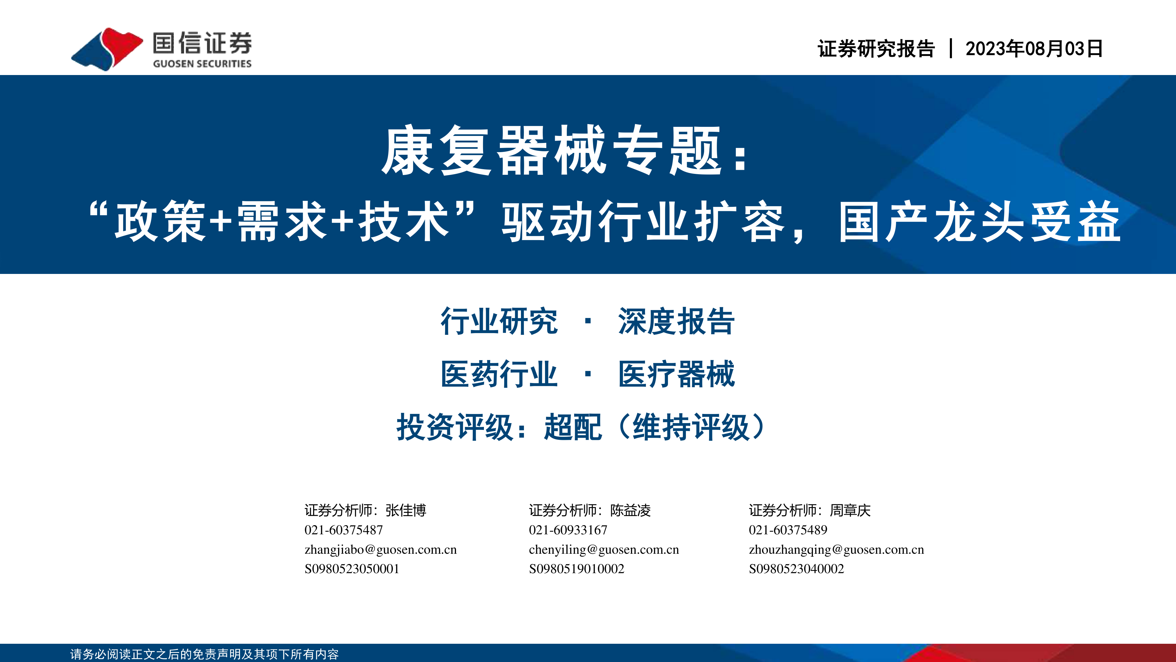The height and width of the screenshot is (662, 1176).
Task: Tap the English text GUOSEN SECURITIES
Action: click(x=202, y=64)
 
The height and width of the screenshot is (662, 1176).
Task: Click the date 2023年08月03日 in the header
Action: click(x=1034, y=49)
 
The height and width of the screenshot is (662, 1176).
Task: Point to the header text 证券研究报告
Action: click(x=876, y=49)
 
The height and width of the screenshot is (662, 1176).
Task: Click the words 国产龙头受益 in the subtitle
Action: click(x=979, y=222)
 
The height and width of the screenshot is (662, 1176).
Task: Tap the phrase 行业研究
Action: click(x=499, y=321)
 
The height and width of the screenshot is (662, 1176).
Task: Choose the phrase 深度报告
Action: click(x=676, y=321)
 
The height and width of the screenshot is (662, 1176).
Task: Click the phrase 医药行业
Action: click(x=499, y=374)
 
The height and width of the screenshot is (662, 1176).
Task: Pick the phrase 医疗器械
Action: click(x=676, y=374)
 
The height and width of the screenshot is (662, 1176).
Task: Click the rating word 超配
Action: click(x=572, y=427)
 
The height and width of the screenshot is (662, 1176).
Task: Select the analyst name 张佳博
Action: click(x=406, y=510)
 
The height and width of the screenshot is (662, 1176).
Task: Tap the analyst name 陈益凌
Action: click(x=630, y=510)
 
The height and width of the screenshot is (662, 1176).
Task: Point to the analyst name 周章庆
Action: click(x=850, y=510)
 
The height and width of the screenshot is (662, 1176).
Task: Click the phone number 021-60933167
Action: click(x=568, y=530)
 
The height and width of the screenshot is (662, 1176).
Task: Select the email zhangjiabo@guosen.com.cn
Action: click(x=380, y=550)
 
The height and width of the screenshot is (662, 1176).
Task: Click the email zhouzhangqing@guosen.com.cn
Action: click(x=836, y=550)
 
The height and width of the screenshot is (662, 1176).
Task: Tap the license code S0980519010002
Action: click(x=576, y=569)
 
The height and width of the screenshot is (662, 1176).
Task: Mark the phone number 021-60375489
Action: click(x=788, y=530)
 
